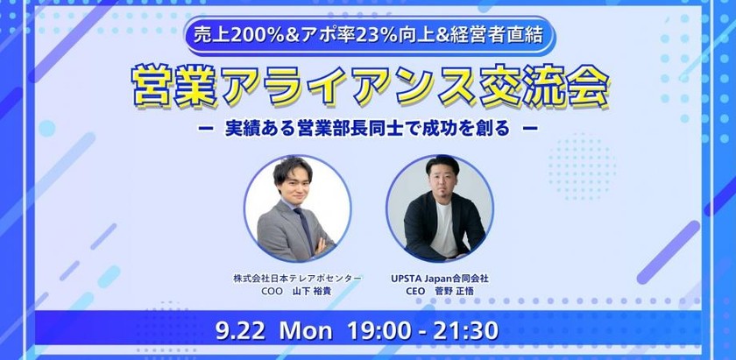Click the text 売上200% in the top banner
(229, 37)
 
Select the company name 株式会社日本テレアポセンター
(297, 278)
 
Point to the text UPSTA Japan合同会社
(440, 278)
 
